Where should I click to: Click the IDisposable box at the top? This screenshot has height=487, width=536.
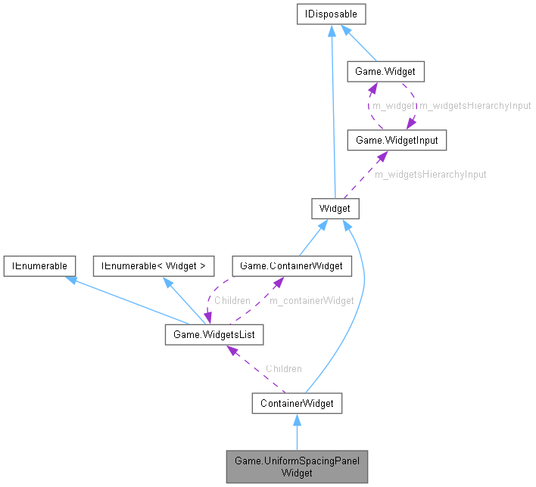pos(332,14)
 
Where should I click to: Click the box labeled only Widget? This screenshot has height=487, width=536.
pos(335,208)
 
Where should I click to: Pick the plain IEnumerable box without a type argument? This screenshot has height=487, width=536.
pos(39,265)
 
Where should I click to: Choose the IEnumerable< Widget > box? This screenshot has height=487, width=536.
pos(154,265)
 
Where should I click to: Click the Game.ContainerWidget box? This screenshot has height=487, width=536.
pos(291,265)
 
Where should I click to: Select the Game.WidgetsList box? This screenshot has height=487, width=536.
pos(214,333)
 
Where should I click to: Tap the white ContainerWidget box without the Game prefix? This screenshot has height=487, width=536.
pos(297,403)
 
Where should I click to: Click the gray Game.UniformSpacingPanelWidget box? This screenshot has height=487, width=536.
pos(297,467)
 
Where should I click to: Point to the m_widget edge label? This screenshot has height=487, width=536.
pos(393,106)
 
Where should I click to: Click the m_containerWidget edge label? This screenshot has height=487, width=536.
pos(312,300)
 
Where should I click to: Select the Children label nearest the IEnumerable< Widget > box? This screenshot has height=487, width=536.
pos(232,300)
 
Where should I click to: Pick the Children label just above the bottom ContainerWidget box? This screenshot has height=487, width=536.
pos(283,368)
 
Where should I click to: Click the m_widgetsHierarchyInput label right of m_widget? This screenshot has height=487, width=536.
pos(475,106)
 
